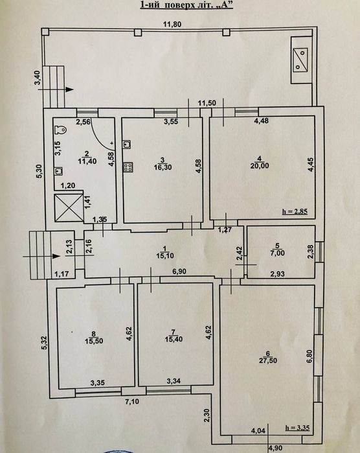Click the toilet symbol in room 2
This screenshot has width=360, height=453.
pyautogui.click(x=62, y=130)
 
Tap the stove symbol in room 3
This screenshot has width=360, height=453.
pyautogui.click(x=128, y=167)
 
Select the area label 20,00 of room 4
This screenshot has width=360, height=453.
pyautogui.click(x=260, y=166)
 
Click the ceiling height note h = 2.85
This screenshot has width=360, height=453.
pyautogui.click(x=295, y=211)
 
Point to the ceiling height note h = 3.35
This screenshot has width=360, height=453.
pyautogui.click(x=297, y=428)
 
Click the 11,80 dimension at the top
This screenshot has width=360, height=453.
pyautogui.click(x=172, y=24)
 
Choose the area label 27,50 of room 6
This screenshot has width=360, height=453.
pyautogui.click(x=268, y=360)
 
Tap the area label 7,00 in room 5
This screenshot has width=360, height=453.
pyautogui.click(x=278, y=253)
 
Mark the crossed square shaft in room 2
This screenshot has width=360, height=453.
pyautogui.click(x=69, y=208)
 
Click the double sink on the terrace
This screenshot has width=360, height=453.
pyautogui.click(x=300, y=60)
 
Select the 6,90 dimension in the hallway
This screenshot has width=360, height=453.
pyautogui.click(x=179, y=272)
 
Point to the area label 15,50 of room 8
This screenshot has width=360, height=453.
pyautogui.click(x=94, y=341)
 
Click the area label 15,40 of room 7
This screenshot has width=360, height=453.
pyautogui.click(x=174, y=339)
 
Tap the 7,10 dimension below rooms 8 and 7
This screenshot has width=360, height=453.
pyautogui.click(x=132, y=402)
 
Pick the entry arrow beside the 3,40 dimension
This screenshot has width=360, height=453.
pyautogui.click(x=56, y=89)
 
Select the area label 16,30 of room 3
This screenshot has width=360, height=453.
pyautogui.click(x=163, y=167)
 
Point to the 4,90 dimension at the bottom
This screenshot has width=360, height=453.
pyautogui.click(x=276, y=448)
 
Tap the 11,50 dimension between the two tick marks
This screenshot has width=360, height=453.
pyautogui.click(x=207, y=103)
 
